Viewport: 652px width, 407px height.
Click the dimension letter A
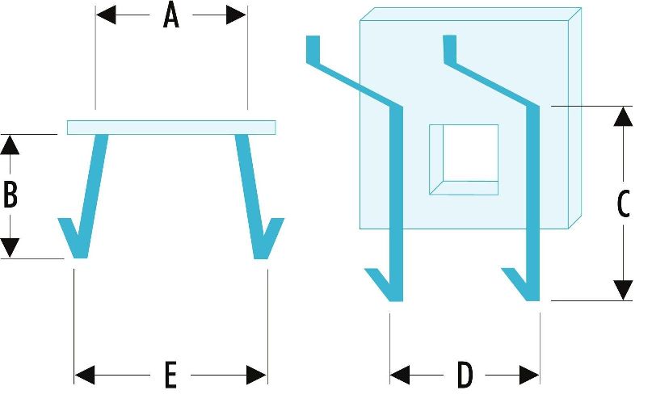(171, 16)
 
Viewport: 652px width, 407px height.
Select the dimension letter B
(11, 194)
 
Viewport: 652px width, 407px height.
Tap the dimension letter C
(623, 203)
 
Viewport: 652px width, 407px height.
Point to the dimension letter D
(465, 375)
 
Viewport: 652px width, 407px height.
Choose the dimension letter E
(170, 375)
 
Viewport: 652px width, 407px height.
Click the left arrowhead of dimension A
(106, 15)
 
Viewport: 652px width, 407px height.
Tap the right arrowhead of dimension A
(236, 15)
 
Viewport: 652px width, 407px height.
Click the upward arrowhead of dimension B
(10, 145)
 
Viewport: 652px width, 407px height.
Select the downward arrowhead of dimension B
(10, 248)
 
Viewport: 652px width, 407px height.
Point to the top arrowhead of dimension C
(623, 116)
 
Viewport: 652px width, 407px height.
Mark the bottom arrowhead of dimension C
(623, 290)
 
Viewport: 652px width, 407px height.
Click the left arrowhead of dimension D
(400, 375)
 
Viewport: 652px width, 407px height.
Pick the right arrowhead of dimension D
(530, 375)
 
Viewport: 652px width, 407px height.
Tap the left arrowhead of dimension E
(85, 375)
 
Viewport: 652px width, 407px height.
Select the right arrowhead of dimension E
(257, 375)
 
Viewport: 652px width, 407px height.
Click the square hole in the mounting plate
(464, 160)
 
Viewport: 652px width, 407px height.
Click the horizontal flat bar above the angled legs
(171, 128)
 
